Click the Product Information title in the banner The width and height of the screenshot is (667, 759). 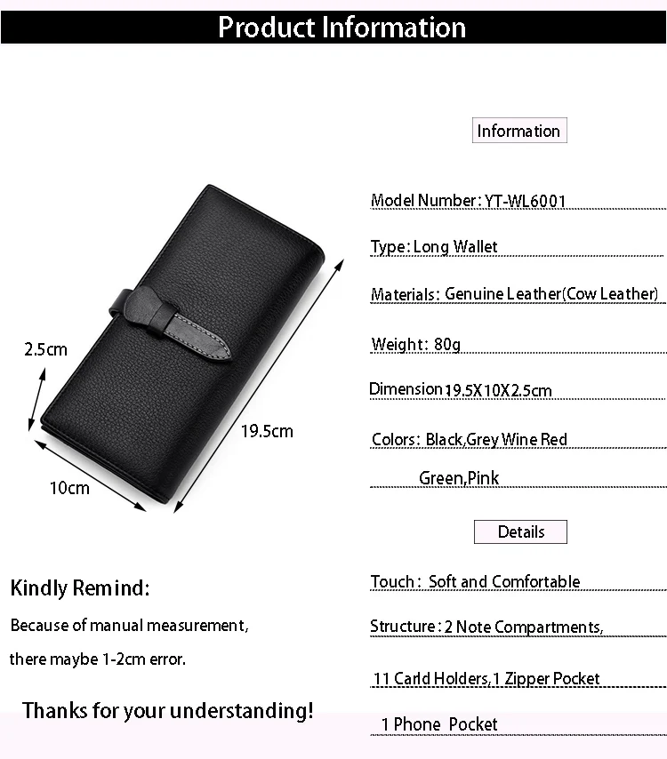coord(342,27)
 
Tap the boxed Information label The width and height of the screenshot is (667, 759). coord(519,131)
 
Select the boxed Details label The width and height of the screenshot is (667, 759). coord(521,532)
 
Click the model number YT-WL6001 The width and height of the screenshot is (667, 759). coord(525,200)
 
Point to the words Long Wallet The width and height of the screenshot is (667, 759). coord(454,247)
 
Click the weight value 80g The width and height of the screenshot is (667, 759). coord(447,344)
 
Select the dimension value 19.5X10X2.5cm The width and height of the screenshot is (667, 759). coord(498,390)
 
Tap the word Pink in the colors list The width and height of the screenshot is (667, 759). coord(483,478)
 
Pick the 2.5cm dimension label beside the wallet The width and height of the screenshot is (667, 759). coord(45,349)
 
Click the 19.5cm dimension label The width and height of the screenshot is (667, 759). coord(267,431)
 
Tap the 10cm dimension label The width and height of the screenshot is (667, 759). coord(69,488)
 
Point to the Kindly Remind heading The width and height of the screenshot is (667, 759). coord(80,588)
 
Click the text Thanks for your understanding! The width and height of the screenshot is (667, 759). coord(167,711)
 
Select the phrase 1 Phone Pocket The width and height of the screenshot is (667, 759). coord(439,724)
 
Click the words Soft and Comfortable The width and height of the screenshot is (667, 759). coord(504,581)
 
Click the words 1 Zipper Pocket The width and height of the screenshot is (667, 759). coord(546,679)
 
